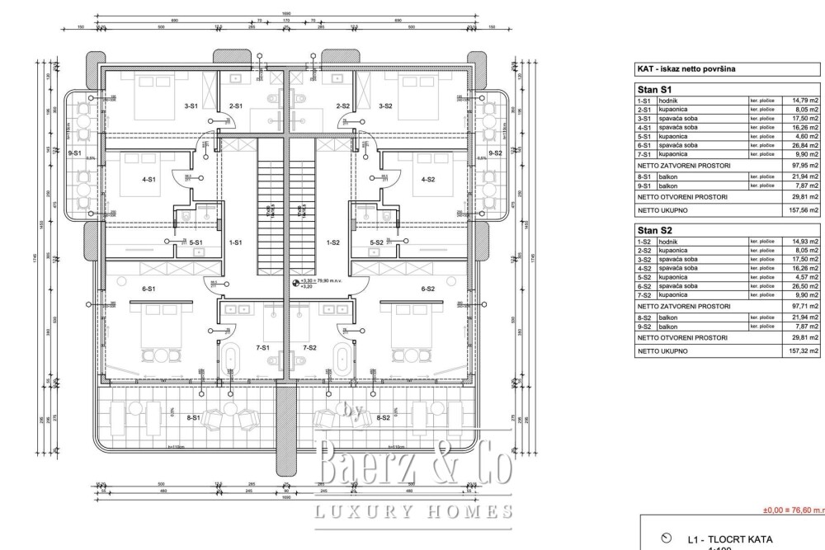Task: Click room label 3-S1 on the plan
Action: coord(190,106)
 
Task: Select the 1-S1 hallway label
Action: coord(235,242)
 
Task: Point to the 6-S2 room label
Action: coord(427,289)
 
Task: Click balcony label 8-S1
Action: coord(194,418)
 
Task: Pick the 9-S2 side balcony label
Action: coord(495,153)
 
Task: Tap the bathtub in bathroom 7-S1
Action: coord(232,358)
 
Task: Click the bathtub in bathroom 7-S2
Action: coord(341,358)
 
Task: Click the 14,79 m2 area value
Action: coord(805,100)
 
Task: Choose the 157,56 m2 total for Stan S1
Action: coord(805,210)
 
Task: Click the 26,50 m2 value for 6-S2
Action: coord(805,286)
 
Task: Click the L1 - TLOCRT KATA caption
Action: coord(729,540)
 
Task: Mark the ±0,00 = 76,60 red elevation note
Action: coord(792,511)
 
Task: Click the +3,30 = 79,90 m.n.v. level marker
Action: coord(324,281)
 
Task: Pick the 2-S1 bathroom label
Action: coord(235,106)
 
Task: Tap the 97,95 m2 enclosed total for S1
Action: coord(805,165)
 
